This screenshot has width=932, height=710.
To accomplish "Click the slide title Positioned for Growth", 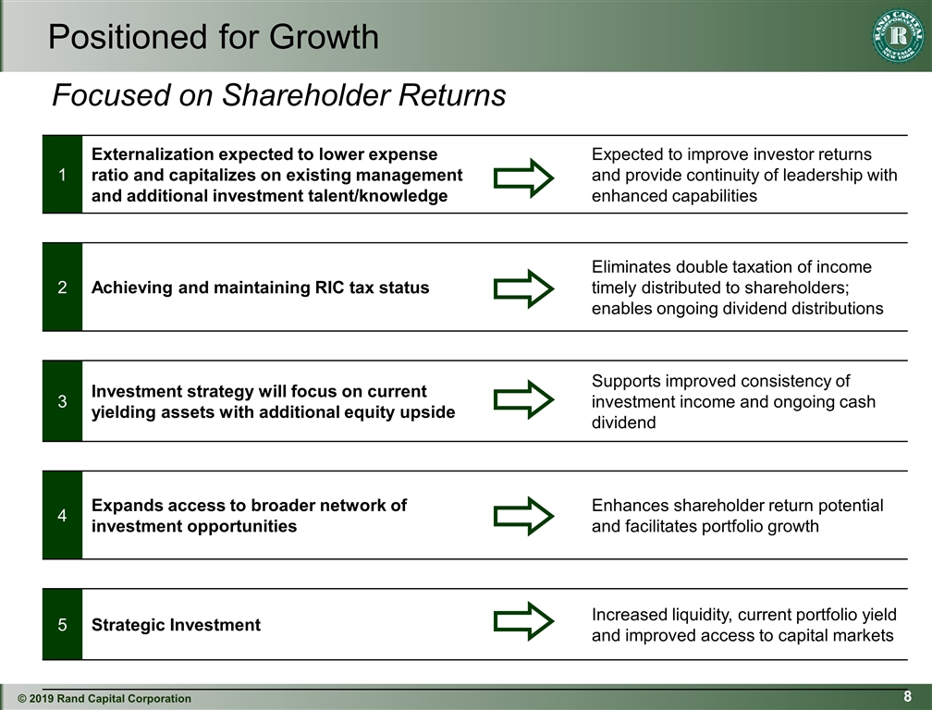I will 213,37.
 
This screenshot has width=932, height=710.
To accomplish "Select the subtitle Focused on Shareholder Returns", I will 278,94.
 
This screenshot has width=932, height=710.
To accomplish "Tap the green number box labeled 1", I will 62,175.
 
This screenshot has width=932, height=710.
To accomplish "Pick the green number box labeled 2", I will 62,288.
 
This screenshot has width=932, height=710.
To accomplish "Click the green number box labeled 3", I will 62,401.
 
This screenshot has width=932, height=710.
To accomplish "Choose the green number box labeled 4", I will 62,516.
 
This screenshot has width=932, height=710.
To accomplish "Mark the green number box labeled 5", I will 62,625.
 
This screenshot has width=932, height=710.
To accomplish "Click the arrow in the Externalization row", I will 523,177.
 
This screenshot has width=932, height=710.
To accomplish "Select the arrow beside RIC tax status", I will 523,288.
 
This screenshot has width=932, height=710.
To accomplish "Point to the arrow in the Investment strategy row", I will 523,398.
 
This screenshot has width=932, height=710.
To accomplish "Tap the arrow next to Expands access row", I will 523,516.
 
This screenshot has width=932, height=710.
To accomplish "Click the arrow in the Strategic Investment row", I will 523,620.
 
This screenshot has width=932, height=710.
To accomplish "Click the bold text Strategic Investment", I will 176,625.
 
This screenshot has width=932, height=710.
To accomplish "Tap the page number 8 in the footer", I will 908,696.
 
